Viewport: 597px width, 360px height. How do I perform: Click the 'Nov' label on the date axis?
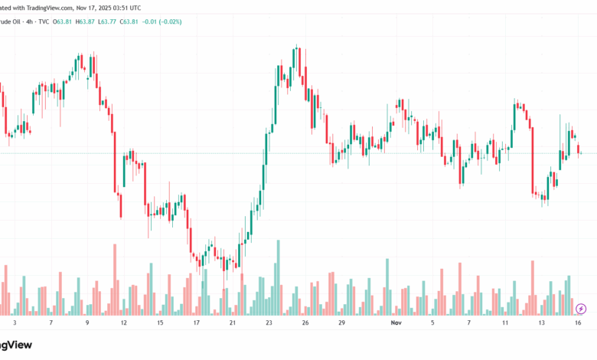(x=395, y=323)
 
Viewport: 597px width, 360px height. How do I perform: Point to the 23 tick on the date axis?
(x=269, y=323)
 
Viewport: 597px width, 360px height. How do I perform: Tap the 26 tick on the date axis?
(x=305, y=323)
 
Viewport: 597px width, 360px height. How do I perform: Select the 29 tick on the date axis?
(x=341, y=323)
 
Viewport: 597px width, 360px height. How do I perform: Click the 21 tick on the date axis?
(x=233, y=323)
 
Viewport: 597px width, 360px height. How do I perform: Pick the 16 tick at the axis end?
(x=579, y=323)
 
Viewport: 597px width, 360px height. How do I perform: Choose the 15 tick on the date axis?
(x=160, y=323)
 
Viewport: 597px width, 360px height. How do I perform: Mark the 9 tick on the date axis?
(x=87, y=323)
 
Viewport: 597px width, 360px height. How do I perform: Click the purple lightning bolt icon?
(x=580, y=309)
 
